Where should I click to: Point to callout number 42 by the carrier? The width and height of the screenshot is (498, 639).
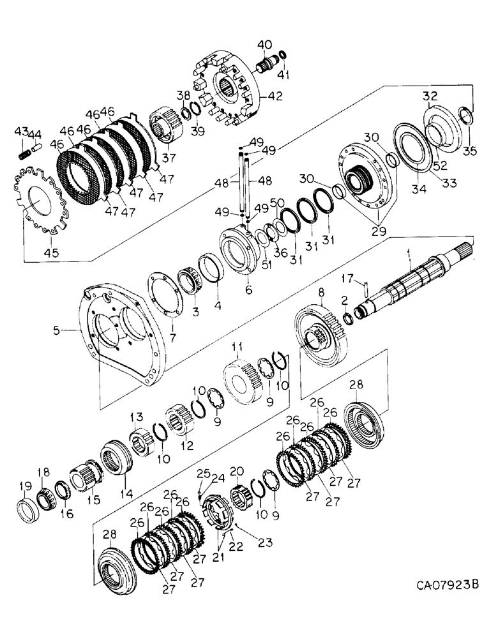[276, 97]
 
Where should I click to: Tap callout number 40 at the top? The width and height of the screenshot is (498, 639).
[264, 44]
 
